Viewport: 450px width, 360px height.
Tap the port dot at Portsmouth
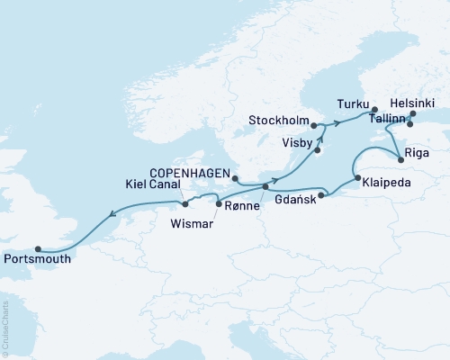point(38,249)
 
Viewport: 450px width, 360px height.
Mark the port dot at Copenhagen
point(235,179)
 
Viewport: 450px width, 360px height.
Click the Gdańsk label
point(295,200)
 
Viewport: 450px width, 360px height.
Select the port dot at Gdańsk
point(322,192)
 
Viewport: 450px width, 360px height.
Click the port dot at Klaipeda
point(357,178)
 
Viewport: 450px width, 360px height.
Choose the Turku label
point(353,103)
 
